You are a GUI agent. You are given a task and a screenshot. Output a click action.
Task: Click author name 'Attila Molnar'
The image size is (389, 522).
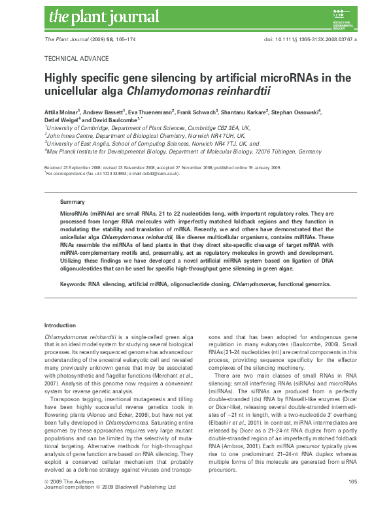point(61,112)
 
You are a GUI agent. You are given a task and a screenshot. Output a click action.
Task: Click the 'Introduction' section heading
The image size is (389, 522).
point(60,325)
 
